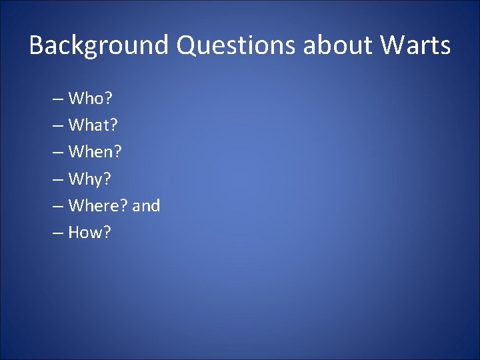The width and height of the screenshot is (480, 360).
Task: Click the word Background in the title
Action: coord(99,46)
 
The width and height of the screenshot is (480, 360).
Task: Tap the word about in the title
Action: coord(339,46)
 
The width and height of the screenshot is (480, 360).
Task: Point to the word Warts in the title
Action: coord(416,46)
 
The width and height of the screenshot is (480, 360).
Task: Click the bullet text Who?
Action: coord(91,99)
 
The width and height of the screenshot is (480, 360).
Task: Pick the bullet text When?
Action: coord(95,153)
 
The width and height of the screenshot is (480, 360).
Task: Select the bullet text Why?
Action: coord(91,179)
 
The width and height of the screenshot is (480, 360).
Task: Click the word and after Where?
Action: coord(147,206)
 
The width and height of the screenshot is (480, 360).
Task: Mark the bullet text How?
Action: coord(90,233)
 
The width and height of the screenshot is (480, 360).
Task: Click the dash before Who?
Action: coord(57,100)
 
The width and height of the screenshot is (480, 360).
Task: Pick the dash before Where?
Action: coord(57,207)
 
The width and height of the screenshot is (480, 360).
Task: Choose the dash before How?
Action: coord(57,233)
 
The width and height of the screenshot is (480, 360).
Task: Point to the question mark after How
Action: coord(107,233)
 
